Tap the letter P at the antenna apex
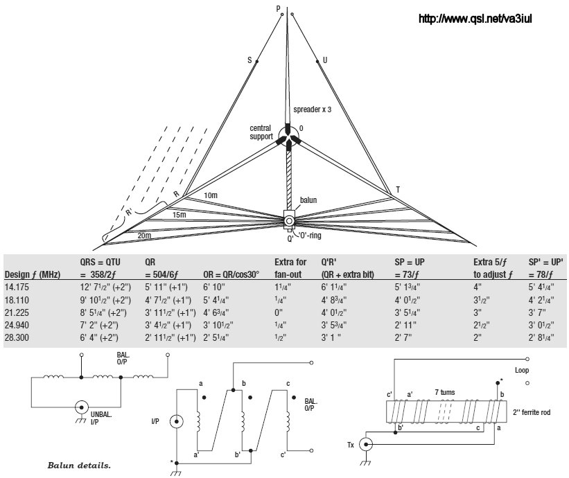coord(279,9)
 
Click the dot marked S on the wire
coord(257,61)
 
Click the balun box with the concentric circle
coord(288,220)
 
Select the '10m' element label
coord(211,196)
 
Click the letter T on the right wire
coord(397,189)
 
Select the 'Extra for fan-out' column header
coord(290,269)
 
